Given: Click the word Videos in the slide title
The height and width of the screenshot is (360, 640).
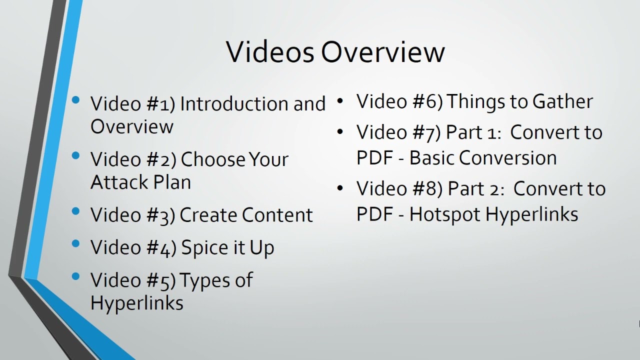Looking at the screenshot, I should coord(270,51).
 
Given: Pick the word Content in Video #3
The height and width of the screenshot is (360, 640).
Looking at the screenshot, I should coord(277,215).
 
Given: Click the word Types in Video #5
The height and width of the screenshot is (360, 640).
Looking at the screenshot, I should coord(204,280).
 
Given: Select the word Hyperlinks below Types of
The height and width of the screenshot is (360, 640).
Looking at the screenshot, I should coord(136,302).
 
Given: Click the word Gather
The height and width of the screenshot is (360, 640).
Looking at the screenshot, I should coord(562,101).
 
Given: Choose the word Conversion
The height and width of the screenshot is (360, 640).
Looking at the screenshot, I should coord(507,158).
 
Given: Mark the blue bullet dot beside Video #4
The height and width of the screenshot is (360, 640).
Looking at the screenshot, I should coord(76,244).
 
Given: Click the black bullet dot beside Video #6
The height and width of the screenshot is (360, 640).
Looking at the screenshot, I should coord(340,100).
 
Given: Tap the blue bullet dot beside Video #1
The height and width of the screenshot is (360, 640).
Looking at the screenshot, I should coord(76,100).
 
